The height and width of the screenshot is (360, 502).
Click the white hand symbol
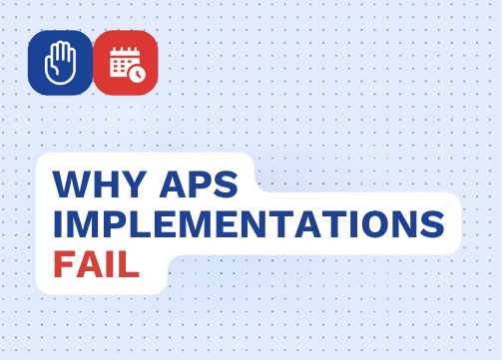click(x=60, y=63)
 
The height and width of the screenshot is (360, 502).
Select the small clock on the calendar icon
click(x=137, y=74)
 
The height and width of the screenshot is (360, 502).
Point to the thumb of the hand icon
click(x=51, y=67)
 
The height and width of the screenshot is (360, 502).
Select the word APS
click(x=199, y=184)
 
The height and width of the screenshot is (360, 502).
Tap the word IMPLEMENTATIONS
click(x=249, y=224)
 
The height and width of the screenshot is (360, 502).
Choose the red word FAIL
click(x=96, y=264)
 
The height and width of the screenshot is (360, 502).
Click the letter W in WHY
click(x=71, y=184)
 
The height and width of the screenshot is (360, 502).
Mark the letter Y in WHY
click(x=134, y=184)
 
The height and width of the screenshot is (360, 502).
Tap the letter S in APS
click(x=227, y=184)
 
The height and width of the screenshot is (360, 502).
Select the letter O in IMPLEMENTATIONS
click(x=372, y=224)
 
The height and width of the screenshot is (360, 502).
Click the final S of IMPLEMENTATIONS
click(x=432, y=224)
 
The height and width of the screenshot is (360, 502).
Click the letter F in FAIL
click(x=64, y=264)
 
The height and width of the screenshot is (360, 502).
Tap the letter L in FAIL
click(x=129, y=264)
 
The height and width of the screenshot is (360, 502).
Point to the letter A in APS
click(x=174, y=184)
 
